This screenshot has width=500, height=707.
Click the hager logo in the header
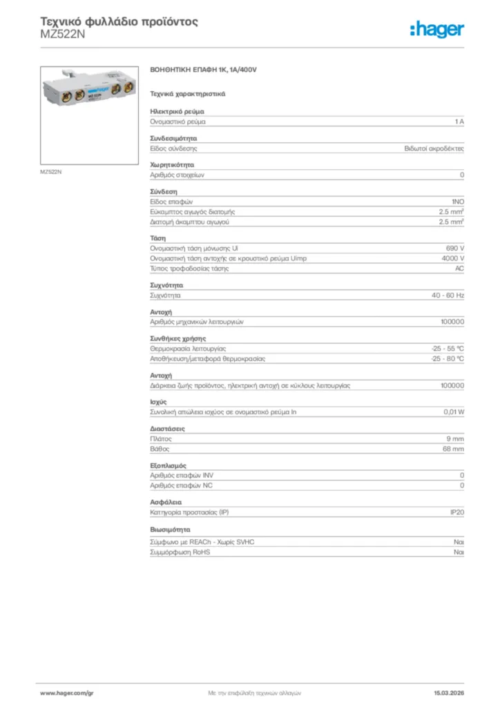click(436, 29)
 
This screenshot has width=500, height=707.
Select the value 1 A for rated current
click(459, 122)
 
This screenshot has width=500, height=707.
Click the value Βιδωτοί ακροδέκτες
click(434, 148)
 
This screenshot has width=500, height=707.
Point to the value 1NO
click(457, 202)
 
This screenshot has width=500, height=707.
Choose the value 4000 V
click(453, 258)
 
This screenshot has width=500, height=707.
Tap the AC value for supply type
click(459, 269)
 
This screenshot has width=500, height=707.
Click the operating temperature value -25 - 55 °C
click(448, 349)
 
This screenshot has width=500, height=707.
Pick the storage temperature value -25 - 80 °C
click(448, 359)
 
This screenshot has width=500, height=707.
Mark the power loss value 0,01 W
click(454, 412)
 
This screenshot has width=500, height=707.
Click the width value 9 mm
click(455, 439)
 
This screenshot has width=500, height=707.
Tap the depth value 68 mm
click(454, 449)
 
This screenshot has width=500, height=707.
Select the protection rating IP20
click(456, 513)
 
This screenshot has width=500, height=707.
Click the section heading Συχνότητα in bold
click(166, 285)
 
